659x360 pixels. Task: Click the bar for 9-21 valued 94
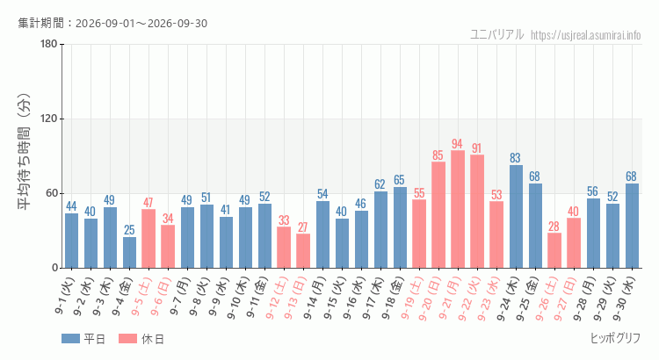pos(458,209)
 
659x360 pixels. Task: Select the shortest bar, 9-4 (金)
pos(129,253)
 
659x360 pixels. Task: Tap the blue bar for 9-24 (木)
pos(516,216)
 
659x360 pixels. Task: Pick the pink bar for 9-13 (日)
pos(303,251)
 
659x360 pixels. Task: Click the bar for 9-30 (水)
pos(632,226)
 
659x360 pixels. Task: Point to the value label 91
pos(476,148)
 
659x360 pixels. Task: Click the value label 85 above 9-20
pos(438,155)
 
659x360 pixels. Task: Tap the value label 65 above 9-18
pos(399,180)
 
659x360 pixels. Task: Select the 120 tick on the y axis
pos(49,119)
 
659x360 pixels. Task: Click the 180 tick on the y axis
pos(49,44)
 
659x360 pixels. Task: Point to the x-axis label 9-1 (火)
pos(64,296)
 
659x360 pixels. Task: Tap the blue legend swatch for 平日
pos(70,339)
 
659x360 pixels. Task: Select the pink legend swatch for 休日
pos(127,339)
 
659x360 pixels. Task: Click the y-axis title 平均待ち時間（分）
pos(25,152)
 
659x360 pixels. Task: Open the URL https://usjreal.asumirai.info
pos(585,35)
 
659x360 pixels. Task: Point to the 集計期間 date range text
pos(112,23)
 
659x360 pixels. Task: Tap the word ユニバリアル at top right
pos(496,34)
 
